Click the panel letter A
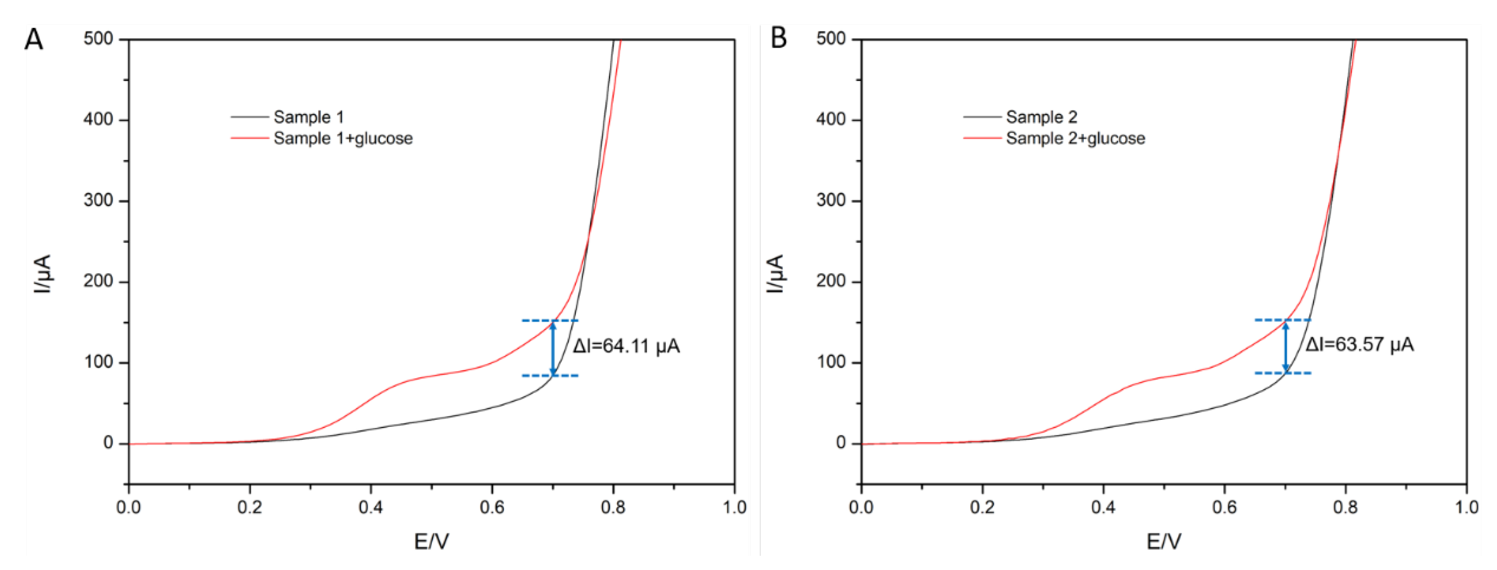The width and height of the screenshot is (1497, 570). [34, 40]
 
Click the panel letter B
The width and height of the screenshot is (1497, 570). [778, 38]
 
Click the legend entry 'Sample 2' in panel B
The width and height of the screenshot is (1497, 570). [1041, 117]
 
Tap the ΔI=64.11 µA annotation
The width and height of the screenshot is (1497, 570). [626, 346]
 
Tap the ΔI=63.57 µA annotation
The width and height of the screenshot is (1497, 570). [1359, 345]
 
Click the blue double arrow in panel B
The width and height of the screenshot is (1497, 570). [1285, 347]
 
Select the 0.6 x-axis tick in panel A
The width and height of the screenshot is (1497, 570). [492, 507]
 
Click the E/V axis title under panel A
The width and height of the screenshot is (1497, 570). [431, 542]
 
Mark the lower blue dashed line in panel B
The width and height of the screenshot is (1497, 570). [1282, 373]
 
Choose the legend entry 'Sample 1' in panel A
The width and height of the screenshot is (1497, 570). [308, 117]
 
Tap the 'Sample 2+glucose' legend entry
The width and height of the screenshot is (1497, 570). [1075, 138]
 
